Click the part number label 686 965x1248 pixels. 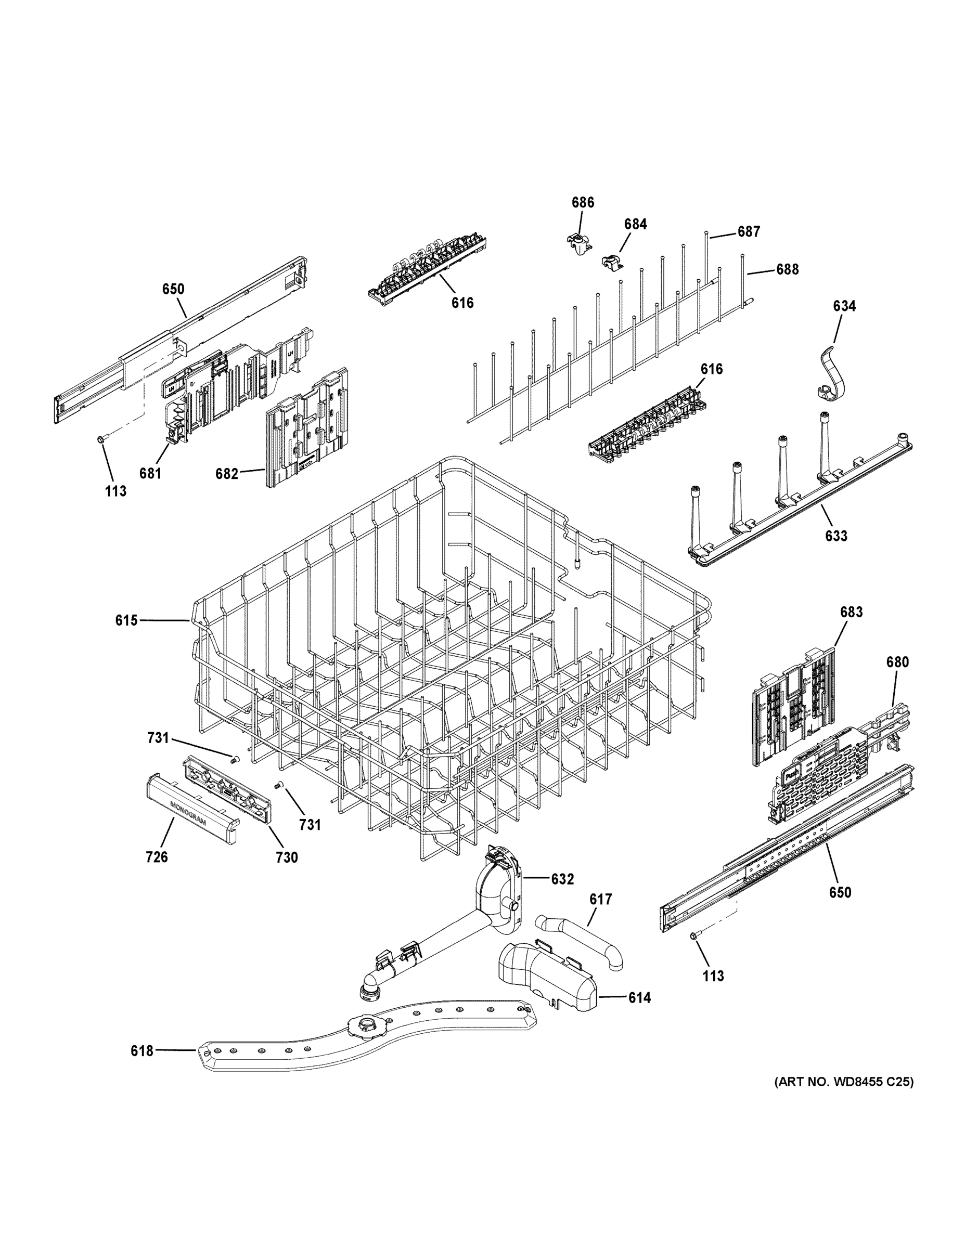(583, 202)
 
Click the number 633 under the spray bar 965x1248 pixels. (836, 536)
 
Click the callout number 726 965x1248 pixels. (157, 873)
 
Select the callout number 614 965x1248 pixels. (639, 998)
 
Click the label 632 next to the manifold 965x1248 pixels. (562, 879)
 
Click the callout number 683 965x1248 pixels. (851, 612)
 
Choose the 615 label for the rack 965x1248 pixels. (126, 620)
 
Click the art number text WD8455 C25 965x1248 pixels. (843, 1114)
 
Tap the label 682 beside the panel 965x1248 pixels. (226, 474)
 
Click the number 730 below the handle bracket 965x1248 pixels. (287, 873)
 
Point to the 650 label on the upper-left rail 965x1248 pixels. (173, 289)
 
